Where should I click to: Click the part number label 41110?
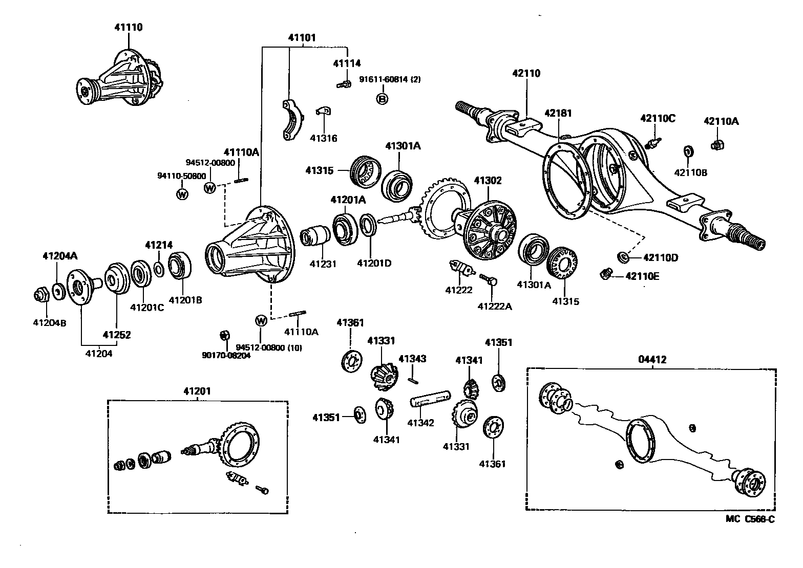click(128, 27)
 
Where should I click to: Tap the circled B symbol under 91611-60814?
click(382, 99)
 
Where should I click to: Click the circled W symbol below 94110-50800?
click(182, 194)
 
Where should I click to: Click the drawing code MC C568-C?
click(750, 519)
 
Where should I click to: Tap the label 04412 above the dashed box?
click(652, 359)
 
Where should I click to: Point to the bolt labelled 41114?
click(344, 84)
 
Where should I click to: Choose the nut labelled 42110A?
click(717, 145)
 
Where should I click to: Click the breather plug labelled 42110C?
click(653, 142)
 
